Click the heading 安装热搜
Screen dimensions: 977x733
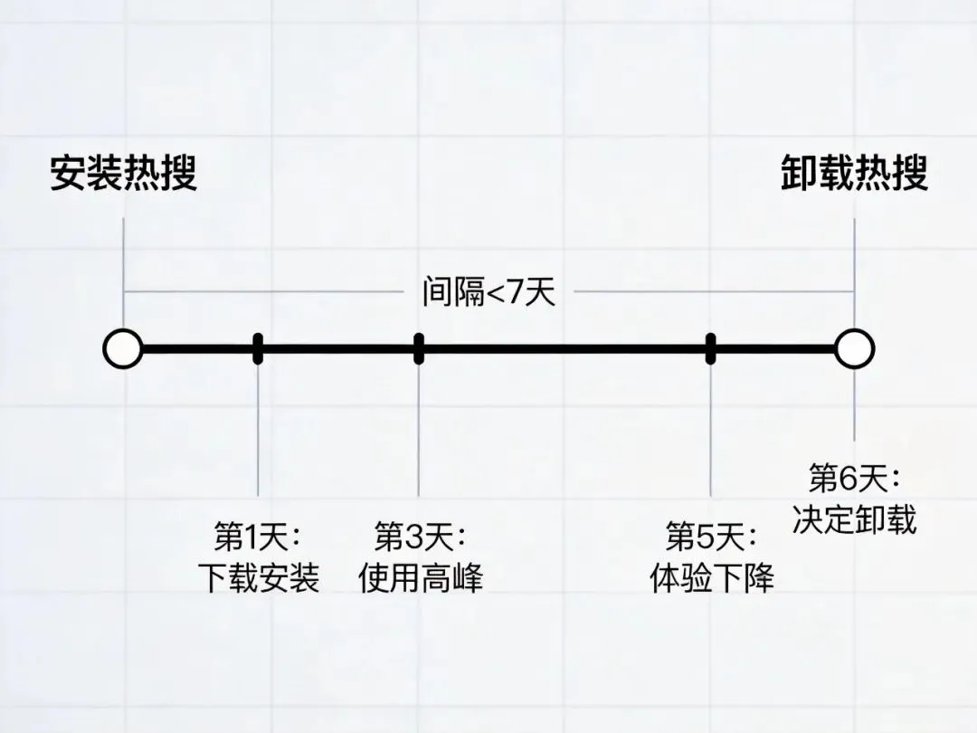coord(123,173)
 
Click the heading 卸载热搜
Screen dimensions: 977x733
coord(854,173)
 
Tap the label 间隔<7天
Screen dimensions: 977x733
coord(488,292)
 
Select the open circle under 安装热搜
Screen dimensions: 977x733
coord(123,349)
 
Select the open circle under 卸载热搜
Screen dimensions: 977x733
coord(854,349)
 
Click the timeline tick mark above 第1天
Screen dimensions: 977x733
coord(258,348)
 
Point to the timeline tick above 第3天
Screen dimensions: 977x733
coord(418,348)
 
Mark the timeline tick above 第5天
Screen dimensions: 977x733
coord(711,348)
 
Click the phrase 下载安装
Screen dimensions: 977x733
coord(259,577)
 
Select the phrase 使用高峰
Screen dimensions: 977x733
coord(420,577)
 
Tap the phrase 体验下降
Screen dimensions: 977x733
coord(712,577)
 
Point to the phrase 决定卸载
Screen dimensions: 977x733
coord(854,519)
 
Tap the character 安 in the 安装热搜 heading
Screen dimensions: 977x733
coord(68,173)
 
